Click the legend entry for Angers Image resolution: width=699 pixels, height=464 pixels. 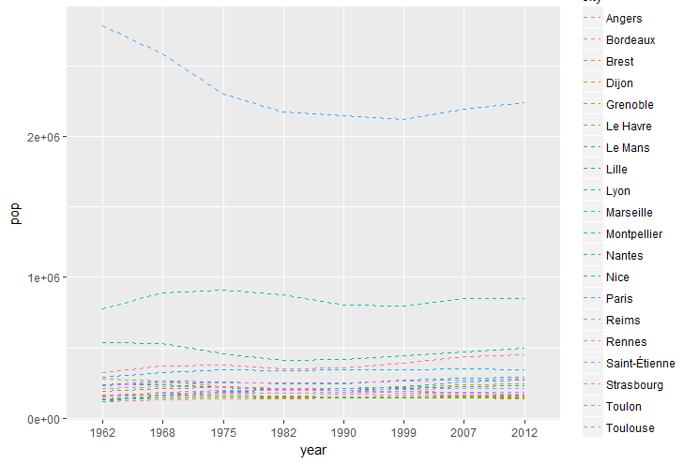tap(624, 19)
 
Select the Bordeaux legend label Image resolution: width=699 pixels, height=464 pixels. tap(631, 40)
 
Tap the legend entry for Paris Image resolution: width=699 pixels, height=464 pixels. tap(618, 299)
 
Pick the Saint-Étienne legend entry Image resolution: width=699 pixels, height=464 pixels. tap(641, 364)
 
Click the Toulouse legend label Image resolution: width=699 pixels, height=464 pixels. tap(631, 428)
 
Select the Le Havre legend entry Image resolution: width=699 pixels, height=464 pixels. tap(629, 127)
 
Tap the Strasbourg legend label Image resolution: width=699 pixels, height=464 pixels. tap(635, 385)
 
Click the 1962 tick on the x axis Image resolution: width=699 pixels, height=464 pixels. tap(102, 434)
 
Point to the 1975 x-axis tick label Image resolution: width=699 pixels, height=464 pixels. tap(222, 434)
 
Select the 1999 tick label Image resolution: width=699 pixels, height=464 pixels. tap(404, 434)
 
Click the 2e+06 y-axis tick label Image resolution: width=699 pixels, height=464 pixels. tap(44, 137)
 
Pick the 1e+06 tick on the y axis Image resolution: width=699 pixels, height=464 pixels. tap(44, 278)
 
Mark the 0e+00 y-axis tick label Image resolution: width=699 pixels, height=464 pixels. tap(44, 419)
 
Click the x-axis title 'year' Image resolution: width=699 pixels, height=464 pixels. tap(313, 452)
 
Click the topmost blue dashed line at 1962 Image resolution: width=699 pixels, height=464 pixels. tap(102, 26)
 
